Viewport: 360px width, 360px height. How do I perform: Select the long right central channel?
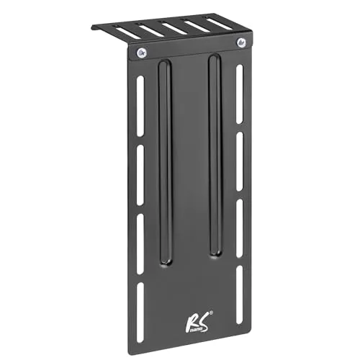213,155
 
